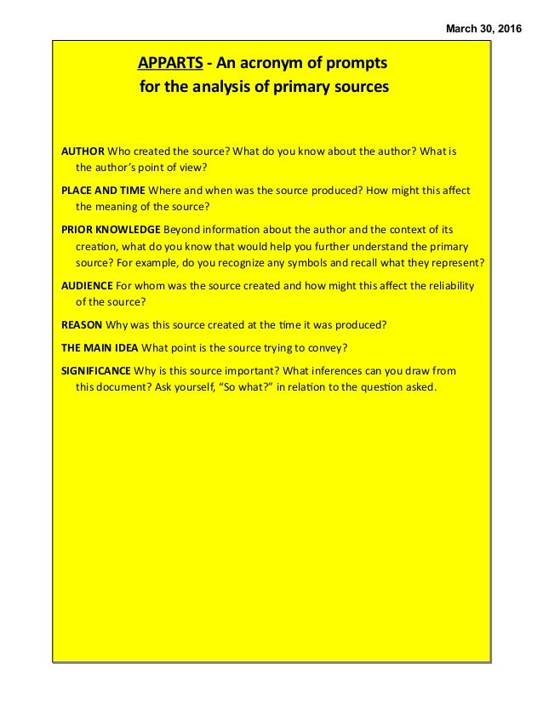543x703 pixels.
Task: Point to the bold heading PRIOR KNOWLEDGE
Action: (111, 230)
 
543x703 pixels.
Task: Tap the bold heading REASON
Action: (82, 324)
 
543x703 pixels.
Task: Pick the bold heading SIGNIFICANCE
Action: (96, 371)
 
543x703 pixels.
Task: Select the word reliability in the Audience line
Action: (449, 285)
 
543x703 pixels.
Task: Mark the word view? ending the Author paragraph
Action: (191, 168)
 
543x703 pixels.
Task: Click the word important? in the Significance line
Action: (256, 371)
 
